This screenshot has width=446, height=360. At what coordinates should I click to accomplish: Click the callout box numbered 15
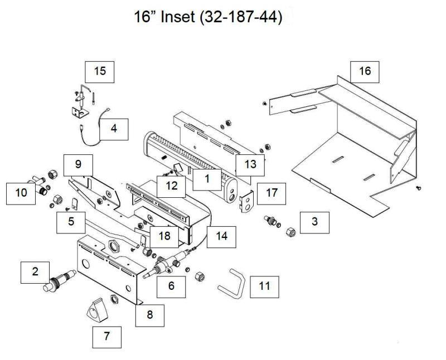point(100,71)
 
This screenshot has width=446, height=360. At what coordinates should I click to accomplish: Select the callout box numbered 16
point(365,71)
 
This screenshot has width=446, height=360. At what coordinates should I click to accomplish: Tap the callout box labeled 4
point(114,129)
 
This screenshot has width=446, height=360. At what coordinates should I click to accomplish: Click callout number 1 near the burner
point(206,180)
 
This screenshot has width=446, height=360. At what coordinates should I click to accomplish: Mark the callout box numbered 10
point(21,193)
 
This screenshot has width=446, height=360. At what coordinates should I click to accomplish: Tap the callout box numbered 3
point(314,221)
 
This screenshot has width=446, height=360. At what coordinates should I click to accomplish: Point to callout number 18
point(164,236)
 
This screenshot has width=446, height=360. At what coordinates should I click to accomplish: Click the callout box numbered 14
point(222,236)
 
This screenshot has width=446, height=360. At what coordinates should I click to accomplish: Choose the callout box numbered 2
point(36,272)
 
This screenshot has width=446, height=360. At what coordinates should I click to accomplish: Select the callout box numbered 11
point(264,286)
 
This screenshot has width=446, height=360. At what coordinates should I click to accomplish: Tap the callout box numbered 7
point(106,336)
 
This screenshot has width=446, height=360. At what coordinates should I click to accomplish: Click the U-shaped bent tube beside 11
point(231,284)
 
